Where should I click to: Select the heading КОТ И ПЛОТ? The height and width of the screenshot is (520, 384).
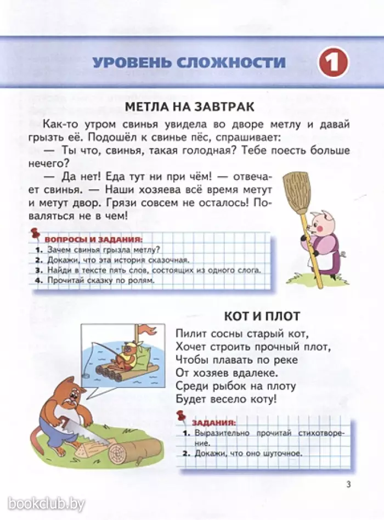(262, 316)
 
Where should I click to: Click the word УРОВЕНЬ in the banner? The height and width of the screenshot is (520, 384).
(131, 62)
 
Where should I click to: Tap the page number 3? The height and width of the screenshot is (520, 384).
(348, 483)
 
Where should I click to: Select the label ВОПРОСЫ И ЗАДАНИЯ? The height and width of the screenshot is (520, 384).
(93, 240)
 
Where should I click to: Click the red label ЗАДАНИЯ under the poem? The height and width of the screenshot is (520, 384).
(213, 423)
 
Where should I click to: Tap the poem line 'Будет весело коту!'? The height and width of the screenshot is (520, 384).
(227, 399)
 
